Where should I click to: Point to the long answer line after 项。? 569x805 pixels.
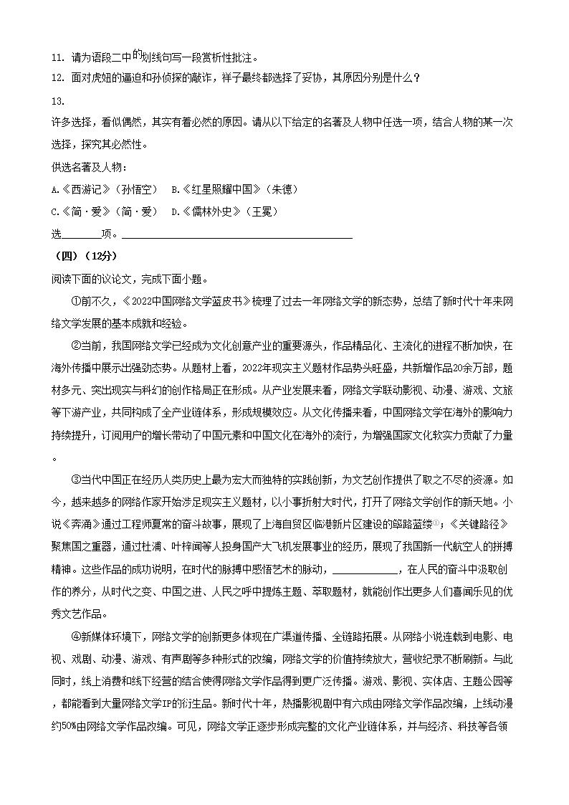[237, 234]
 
